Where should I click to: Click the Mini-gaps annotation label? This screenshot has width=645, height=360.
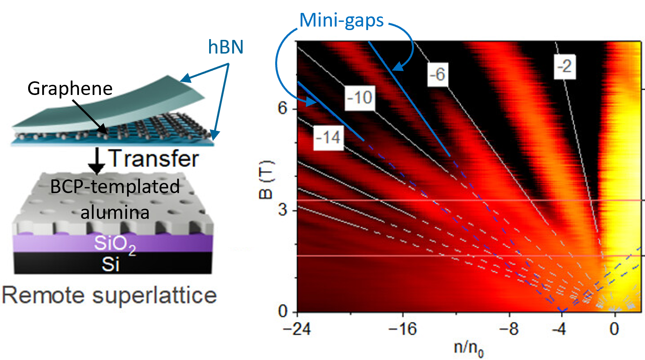342,21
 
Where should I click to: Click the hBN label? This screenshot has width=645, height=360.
226,47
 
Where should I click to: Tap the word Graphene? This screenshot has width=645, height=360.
70,88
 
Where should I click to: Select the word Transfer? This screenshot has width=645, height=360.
154,158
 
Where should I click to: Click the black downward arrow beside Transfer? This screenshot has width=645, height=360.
96,160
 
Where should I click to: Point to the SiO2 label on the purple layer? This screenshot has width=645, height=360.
115,244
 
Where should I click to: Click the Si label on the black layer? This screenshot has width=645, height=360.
110,265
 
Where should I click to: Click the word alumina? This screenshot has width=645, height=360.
115,212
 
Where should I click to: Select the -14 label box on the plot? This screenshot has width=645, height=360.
328,138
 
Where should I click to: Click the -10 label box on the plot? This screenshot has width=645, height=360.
360,97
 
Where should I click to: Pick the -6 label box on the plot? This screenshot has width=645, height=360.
437,74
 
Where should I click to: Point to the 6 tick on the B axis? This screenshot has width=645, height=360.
283,108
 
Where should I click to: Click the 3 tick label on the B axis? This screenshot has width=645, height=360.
283,210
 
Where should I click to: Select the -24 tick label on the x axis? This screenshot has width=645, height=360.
297,329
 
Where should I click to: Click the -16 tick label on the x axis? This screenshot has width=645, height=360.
403,329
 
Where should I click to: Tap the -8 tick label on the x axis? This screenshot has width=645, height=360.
509,329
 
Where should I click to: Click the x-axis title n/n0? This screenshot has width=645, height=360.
468,347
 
